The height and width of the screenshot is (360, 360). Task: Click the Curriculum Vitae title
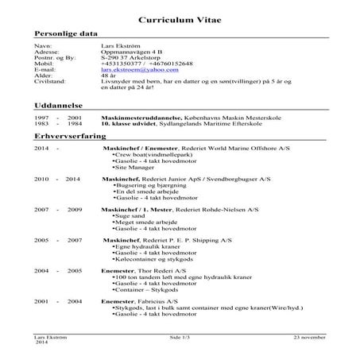click(x=180, y=19)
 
